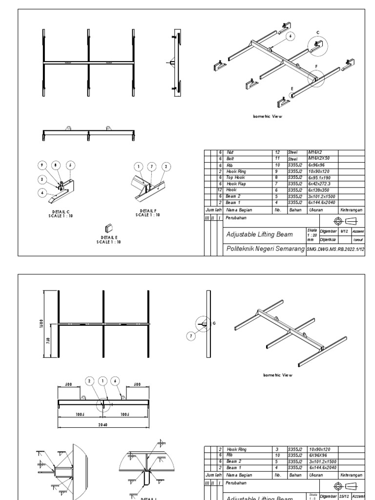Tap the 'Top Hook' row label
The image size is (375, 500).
click(235, 177)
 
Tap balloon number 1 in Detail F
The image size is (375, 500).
click(139, 166)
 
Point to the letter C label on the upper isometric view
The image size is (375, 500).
click(317, 32)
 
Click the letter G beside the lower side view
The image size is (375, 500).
click(214, 323)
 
